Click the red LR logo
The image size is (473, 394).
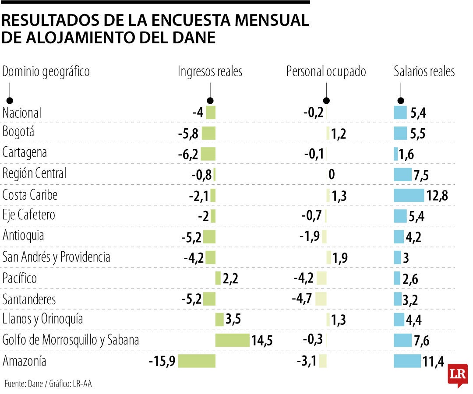(458, 375)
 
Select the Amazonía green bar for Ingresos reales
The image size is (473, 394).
(197, 361)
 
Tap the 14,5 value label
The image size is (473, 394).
(261, 341)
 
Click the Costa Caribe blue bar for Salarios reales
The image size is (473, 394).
(409, 195)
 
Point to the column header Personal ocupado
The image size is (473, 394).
(326, 72)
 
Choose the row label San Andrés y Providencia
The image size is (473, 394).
(56, 257)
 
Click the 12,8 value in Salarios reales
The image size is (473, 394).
(437, 196)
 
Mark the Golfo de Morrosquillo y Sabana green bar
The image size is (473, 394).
(232, 340)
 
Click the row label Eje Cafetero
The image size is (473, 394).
(29, 215)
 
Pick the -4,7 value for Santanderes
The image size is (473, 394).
(302, 299)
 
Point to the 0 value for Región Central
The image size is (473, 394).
(331, 175)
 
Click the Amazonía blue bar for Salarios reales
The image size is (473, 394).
(407, 361)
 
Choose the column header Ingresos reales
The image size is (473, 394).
(210, 72)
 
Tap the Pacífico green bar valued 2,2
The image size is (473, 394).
(218, 278)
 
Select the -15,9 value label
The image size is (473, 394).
(162, 362)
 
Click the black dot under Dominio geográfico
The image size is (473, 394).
(9, 100)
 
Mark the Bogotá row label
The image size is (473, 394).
(18, 131)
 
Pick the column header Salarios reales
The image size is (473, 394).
(424, 72)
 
